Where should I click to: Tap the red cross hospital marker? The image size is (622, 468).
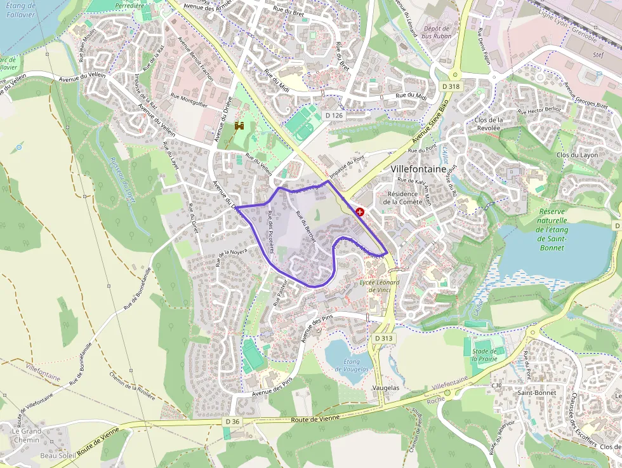[x=361, y=211]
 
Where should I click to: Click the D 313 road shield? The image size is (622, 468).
[x=384, y=338]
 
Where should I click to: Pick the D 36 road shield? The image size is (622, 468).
[x=232, y=422]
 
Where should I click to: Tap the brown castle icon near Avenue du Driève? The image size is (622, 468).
[x=240, y=126]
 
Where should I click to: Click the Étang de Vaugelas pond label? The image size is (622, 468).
[x=352, y=365]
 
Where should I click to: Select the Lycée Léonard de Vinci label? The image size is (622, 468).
[x=379, y=286]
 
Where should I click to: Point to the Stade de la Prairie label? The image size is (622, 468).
[x=484, y=354]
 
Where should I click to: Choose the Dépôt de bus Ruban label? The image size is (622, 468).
[x=436, y=32]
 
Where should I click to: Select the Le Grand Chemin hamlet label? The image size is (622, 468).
[x=26, y=435]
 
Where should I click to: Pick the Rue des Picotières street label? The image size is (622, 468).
[x=270, y=232]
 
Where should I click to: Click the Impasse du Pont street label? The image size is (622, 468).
[x=352, y=164]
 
